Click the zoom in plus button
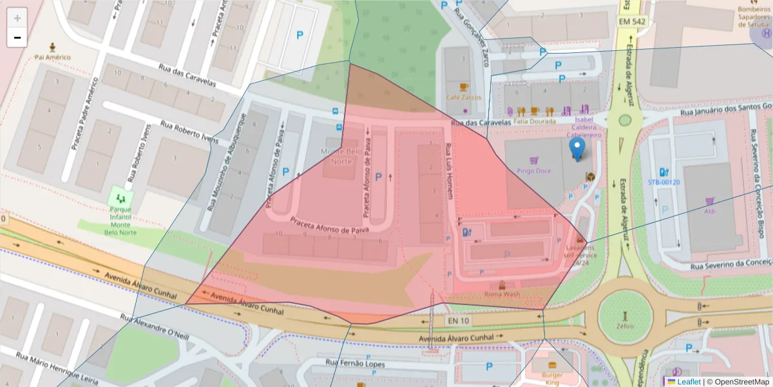17,18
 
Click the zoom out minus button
17,37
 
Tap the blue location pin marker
577,149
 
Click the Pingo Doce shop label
534,171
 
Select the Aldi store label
710,211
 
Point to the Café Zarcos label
464,97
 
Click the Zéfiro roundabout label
624,326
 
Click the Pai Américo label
53,57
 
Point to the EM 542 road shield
631,22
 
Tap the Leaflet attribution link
689,382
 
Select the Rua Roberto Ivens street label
189,132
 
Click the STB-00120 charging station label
663,182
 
